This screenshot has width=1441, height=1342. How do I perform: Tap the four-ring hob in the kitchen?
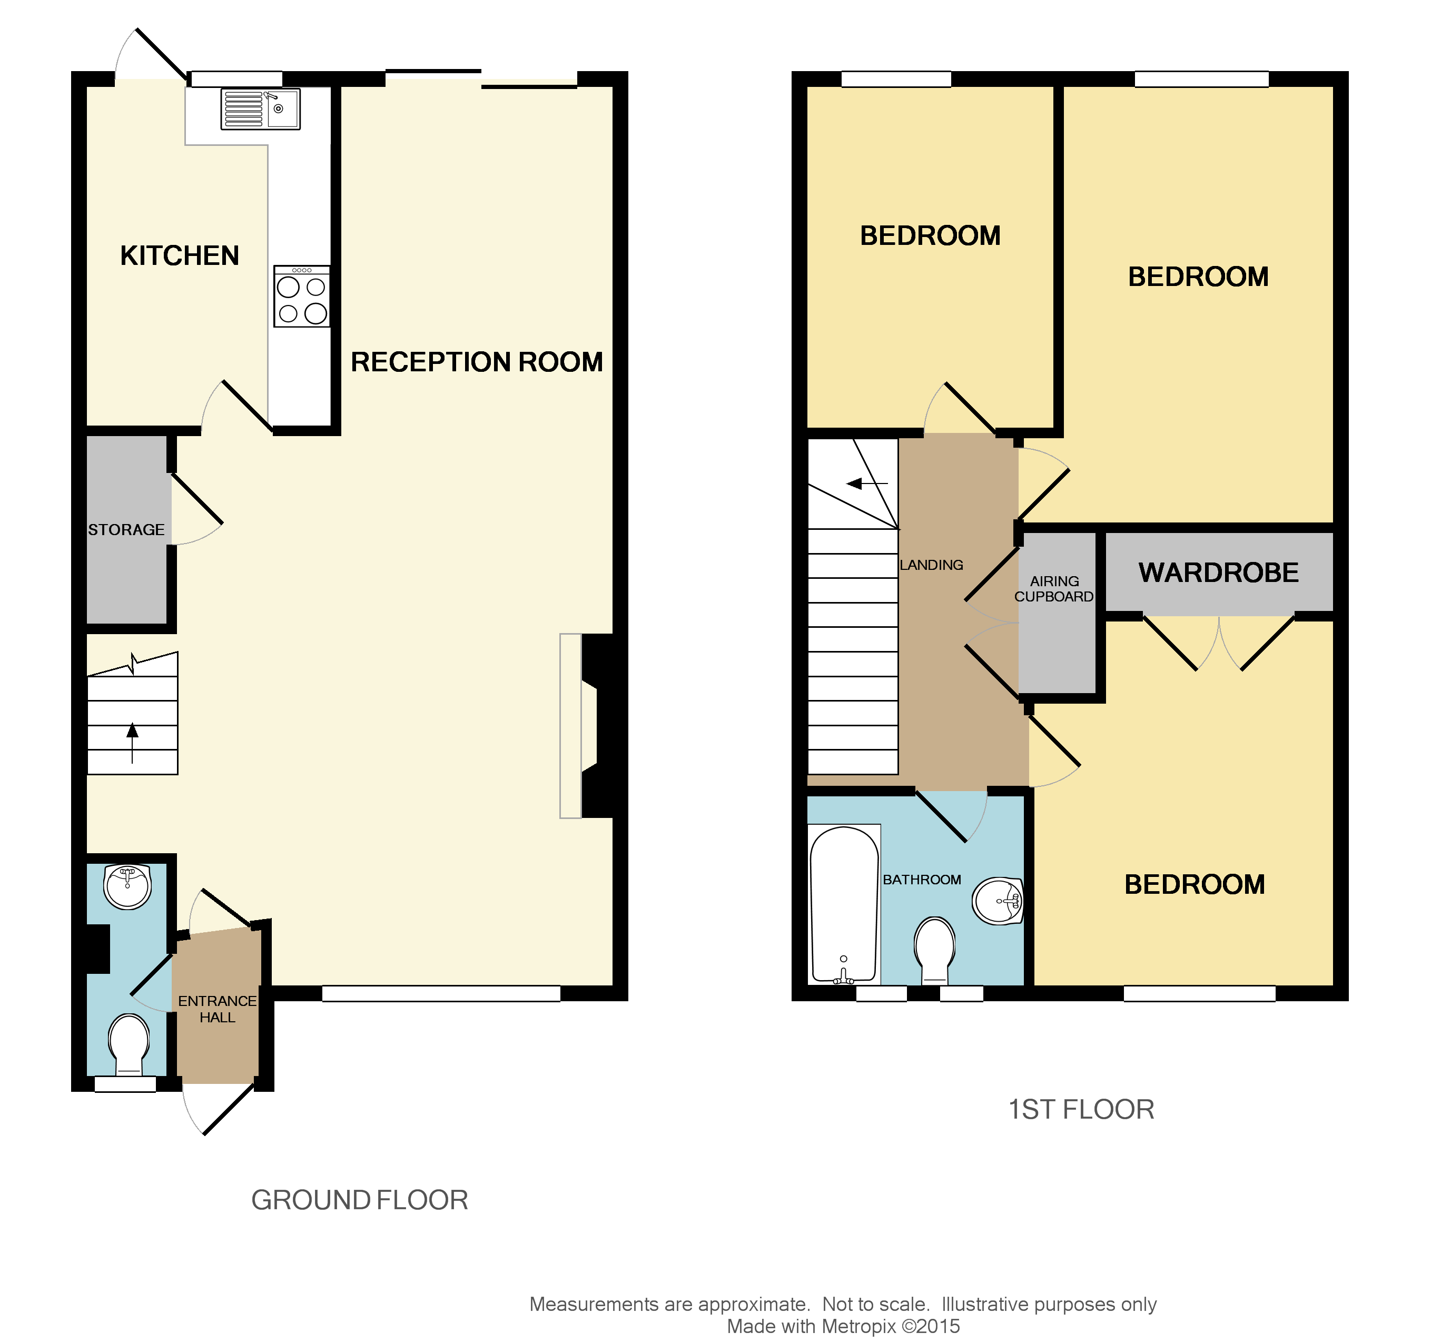click(302, 297)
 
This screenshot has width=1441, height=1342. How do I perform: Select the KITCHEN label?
click(179, 256)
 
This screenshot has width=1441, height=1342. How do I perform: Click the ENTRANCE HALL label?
click(217, 1009)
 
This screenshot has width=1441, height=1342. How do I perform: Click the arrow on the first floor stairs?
click(866, 483)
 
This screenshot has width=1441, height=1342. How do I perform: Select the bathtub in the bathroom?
click(844, 905)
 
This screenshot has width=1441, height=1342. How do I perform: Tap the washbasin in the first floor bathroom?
click(998, 901)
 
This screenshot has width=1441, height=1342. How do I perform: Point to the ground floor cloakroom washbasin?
click(127, 885)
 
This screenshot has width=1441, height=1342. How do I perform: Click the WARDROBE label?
click(1218, 573)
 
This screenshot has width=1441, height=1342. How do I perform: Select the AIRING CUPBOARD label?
click(1054, 589)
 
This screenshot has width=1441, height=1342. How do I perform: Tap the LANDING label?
click(931, 565)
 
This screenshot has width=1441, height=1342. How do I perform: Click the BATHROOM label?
click(922, 880)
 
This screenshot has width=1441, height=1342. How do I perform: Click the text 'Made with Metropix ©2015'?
click(843, 1326)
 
